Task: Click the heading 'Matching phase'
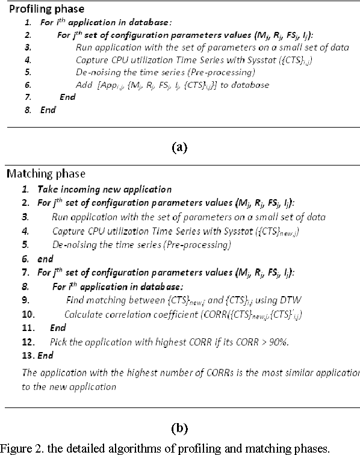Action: point(45,174)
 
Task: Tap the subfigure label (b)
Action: point(180,428)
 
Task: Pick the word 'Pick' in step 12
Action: point(60,342)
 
